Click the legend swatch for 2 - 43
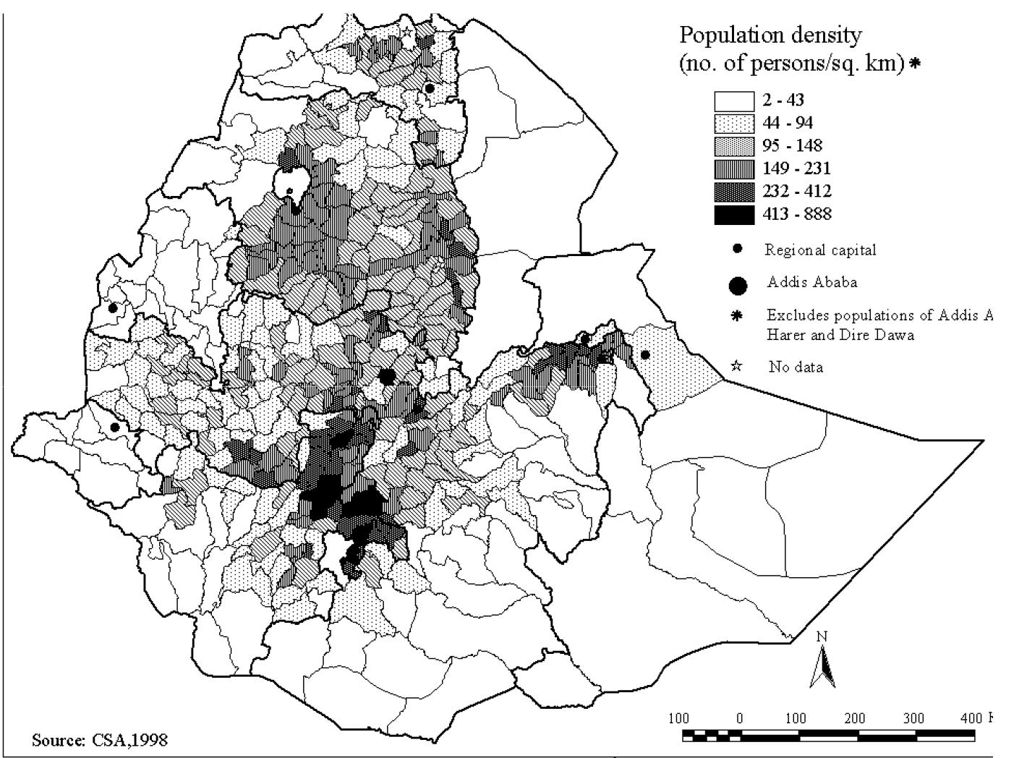[734, 101]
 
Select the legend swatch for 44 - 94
[734, 124]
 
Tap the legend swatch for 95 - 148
[734, 146]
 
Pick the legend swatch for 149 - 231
[734, 169]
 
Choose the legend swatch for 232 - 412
[734, 192]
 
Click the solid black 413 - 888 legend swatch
[734, 215]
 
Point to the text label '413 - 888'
[797, 214]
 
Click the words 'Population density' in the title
[771, 35]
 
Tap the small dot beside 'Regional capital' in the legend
[737, 250]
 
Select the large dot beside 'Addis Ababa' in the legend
[737, 286]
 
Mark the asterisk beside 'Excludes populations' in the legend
[737, 316]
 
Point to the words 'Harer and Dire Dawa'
[832, 336]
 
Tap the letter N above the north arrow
[822, 636]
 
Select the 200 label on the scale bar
[855, 718]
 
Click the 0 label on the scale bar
[739, 718]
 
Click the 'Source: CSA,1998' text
[100, 740]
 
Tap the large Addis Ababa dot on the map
[387, 376]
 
